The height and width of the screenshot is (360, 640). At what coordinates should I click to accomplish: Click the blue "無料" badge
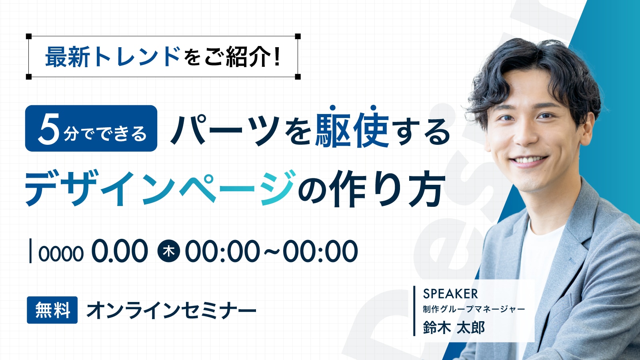(x=52, y=310)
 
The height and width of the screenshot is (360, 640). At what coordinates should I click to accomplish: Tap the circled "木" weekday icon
(x=169, y=251)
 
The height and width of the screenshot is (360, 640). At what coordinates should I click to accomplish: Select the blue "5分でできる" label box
(x=91, y=128)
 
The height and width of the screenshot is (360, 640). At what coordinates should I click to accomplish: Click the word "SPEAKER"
(x=450, y=294)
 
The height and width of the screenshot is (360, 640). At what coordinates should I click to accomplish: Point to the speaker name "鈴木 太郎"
(x=454, y=328)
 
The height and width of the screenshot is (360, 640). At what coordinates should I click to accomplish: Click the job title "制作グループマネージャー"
(x=474, y=309)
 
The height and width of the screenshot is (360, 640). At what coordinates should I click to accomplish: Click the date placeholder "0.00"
(x=120, y=251)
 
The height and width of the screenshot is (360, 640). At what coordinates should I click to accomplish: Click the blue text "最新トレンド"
(x=113, y=57)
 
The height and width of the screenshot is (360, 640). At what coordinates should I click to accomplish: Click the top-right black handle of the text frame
(x=298, y=36)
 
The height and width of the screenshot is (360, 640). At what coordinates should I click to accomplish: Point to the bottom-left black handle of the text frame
(x=29, y=77)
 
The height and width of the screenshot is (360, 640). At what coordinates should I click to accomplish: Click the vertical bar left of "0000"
(x=31, y=251)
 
